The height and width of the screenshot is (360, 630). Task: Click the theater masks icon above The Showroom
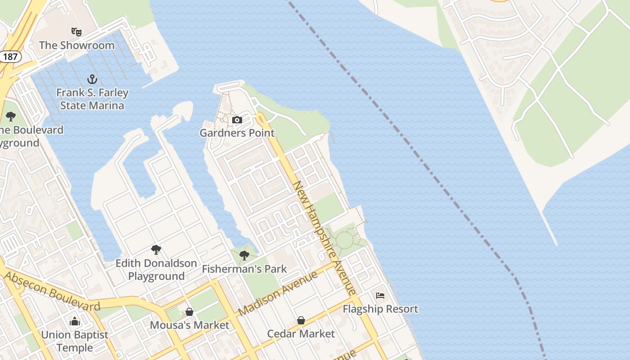pos(76,32)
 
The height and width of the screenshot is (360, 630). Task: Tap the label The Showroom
pos(76,45)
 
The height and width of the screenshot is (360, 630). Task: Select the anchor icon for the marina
pos(92,80)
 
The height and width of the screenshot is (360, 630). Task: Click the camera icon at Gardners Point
pos(237,120)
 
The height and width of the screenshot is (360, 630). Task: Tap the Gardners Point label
pos(237,133)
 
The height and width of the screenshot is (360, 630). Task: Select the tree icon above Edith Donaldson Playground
pos(156,250)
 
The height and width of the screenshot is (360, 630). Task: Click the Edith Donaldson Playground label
pos(156,270)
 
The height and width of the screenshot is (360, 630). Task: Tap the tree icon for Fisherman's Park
pos(244,256)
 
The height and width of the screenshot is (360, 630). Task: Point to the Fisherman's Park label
pos(244,269)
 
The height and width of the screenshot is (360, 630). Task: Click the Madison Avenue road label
pos(278,293)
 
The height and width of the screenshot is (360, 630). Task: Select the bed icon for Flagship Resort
pos(380,296)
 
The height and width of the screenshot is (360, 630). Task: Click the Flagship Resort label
pos(380,309)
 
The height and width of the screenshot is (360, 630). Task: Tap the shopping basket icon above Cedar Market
pos(301,320)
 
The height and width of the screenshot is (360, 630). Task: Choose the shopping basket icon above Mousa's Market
pos(189,312)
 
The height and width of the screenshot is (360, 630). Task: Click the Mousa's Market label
pos(189,325)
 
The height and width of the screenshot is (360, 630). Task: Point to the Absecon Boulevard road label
pos(52,292)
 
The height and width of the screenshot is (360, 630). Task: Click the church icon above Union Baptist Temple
pos(75,321)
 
